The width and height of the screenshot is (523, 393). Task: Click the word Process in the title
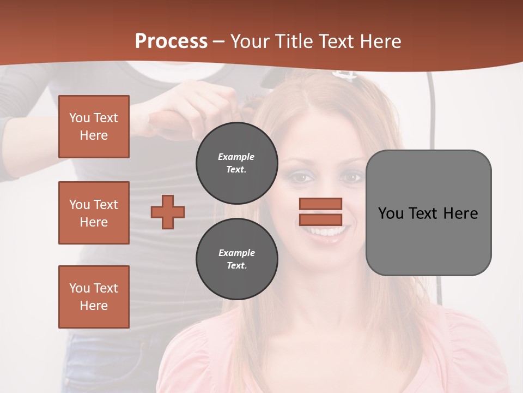(171, 41)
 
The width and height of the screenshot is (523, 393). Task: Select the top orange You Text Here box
(94, 127)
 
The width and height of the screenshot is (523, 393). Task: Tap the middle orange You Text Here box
(94, 213)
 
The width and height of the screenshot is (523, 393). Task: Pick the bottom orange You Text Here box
(94, 297)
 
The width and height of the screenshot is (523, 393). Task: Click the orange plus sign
(168, 212)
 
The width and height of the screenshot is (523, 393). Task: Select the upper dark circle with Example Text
(236, 163)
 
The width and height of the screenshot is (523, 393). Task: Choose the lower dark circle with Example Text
(236, 259)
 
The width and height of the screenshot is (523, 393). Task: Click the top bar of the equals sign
(320, 204)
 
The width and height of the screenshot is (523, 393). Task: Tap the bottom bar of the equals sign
(320, 219)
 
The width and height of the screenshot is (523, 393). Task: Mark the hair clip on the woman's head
(344, 75)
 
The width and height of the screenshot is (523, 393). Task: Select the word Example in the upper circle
(236, 157)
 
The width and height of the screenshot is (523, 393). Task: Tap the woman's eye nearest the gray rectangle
(350, 177)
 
